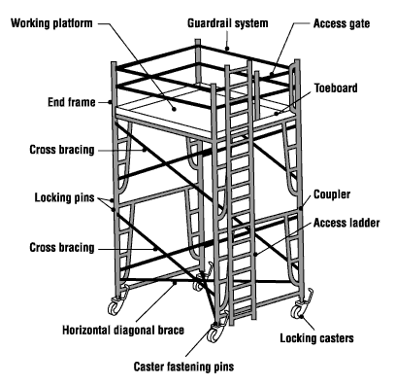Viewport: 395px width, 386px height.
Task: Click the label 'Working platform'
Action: click(51, 23)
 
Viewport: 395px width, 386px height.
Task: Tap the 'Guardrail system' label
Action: click(228, 23)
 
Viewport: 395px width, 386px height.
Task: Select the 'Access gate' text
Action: click(342, 23)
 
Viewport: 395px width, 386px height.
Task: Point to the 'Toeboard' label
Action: click(336, 88)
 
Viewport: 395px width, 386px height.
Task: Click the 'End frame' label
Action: click(72, 102)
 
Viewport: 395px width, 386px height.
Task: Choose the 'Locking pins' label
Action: click(64, 197)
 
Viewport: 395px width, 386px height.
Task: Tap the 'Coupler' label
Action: click(332, 194)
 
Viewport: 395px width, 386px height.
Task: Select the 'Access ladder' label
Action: click(346, 223)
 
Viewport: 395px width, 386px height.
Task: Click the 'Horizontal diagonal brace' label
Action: click(123, 330)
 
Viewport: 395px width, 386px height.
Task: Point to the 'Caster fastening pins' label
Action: click(183, 367)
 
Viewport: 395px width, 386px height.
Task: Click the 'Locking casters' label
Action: click(316, 338)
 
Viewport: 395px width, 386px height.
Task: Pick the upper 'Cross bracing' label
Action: click(62, 150)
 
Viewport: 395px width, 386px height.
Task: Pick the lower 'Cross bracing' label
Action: click(62, 248)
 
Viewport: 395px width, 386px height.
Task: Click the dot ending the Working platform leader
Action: click(174, 109)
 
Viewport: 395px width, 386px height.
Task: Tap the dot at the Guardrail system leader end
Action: click(227, 49)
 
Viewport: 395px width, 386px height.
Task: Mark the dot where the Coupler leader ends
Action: click(301, 208)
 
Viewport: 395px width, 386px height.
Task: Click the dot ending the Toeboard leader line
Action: click(277, 114)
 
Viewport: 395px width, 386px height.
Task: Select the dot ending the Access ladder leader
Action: click(255, 255)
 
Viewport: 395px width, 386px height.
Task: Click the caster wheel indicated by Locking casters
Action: click(297, 312)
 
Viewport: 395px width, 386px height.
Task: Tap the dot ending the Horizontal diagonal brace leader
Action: click(175, 283)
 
